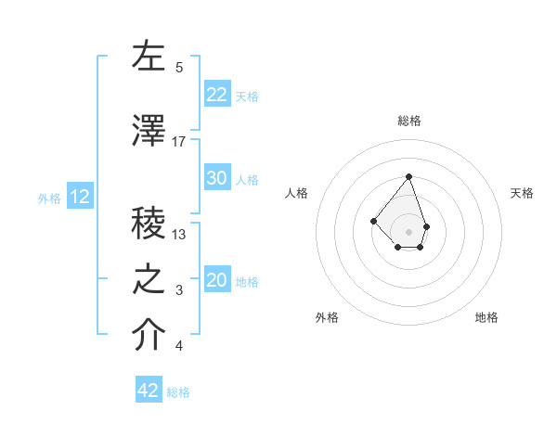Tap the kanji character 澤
coord(149,132)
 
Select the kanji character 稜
coord(149,223)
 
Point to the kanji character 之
coord(149,279)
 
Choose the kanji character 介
coord(149,335)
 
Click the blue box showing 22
coord(217,94)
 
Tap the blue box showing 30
coord(217,179)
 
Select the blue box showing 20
coord(217,281)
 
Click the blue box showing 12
coord(80,197)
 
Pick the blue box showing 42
coord(149,391)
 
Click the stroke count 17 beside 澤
coord(179,141)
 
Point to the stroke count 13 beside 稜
coord(179,234)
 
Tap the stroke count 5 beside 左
coord(179,67)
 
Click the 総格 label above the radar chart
coord(409,121)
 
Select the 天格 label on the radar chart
coord(523,193)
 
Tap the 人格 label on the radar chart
coord(297,193)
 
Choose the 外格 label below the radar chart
coord(327,317)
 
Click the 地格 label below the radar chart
coord(486,317)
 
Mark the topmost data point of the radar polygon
coord(408,176)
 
